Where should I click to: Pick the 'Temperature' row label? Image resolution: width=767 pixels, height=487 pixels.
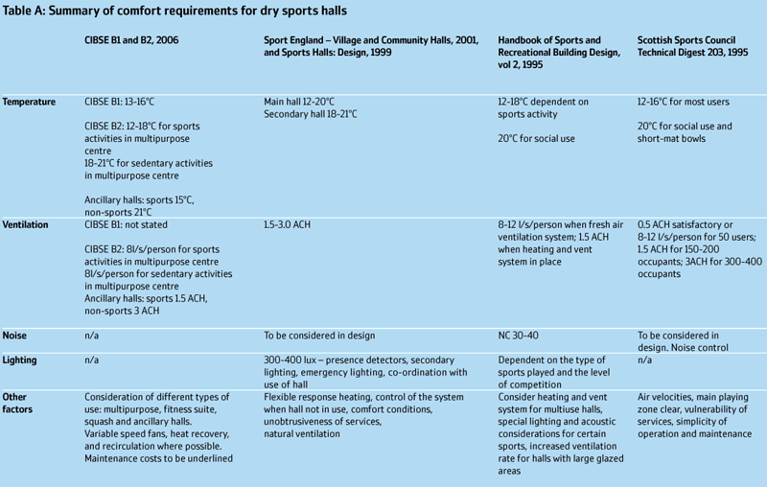29,102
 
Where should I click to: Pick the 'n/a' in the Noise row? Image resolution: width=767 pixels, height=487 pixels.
92,336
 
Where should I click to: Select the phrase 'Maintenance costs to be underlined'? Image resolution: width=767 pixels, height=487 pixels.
159,459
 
